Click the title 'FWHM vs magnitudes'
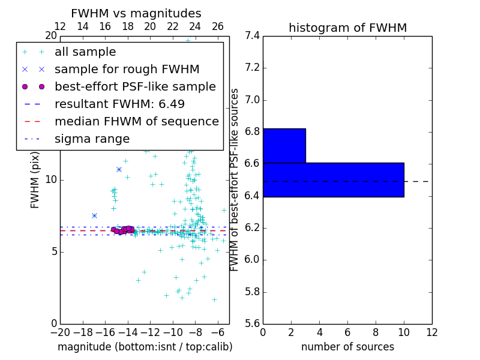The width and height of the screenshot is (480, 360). [x=136, y=13]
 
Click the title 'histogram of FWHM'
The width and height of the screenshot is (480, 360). [x=347, y=28]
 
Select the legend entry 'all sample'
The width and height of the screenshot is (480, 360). [x=85, y=52]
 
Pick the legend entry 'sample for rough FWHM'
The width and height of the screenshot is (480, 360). [x=127, y=69]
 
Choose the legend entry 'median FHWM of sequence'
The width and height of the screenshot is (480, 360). [x=136, y=121]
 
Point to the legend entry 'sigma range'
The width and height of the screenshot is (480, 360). [x=92, y=139]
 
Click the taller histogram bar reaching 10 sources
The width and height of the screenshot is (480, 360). [x=333, y=179]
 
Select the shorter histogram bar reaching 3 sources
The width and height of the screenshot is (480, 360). [x=284, y=146]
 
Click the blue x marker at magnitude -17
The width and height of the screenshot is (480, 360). [x=94, y=215]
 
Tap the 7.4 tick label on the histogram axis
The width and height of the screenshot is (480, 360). [x=252, y=35]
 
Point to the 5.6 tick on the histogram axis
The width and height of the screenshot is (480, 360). [x=252, y=324]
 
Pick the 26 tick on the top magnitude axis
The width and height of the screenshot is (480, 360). [x=218, y=26]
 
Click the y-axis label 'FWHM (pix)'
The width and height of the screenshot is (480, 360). [x=35, y=180]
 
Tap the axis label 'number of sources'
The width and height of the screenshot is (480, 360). [x=347, y=347]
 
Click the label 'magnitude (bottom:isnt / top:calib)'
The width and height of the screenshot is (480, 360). [x=145, y=347]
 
